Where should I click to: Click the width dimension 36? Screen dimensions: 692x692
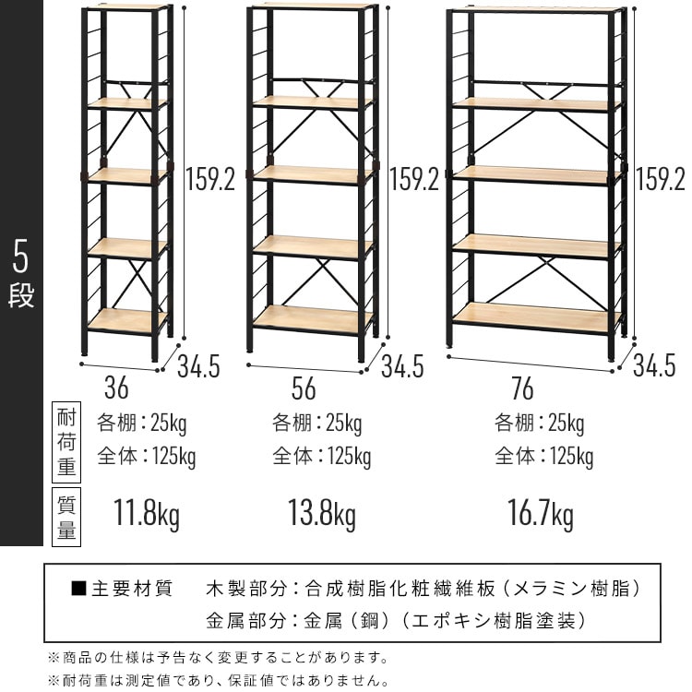[x=116, y=387]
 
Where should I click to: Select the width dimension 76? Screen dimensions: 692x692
[x=522, y=389]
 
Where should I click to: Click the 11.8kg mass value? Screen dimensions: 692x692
[x=146, y=512]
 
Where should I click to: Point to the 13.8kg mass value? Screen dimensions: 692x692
[x=321, y=512]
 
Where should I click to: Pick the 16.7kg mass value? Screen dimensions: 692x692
[x=540, y=512]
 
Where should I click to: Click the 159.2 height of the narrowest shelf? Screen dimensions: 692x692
[x=210, y=179]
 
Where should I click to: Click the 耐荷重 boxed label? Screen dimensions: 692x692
[x=66, y=444]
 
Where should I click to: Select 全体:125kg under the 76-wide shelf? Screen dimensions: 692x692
[x=543, y=456]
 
